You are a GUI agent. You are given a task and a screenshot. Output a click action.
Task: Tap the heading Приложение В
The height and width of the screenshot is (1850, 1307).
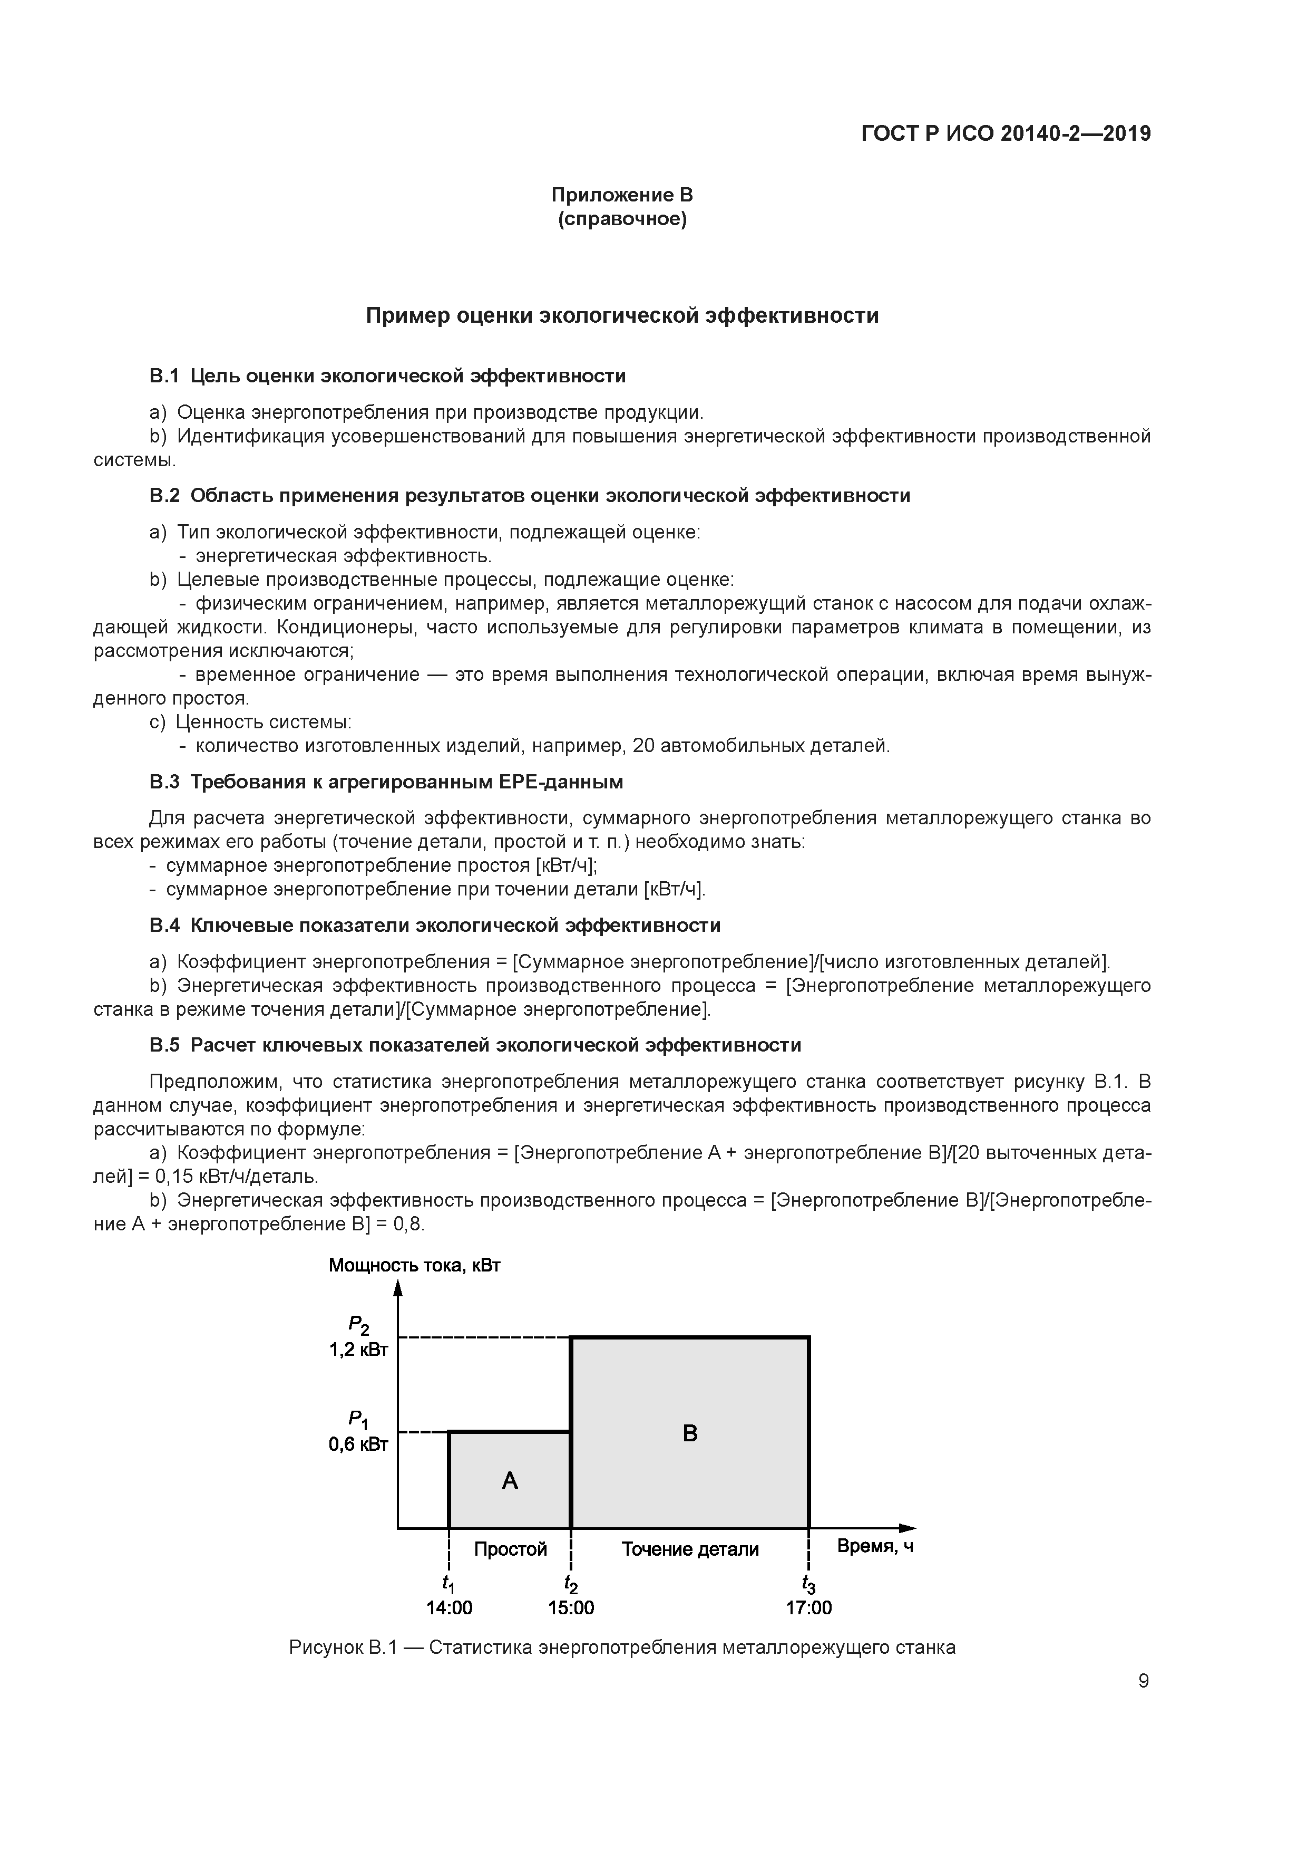(x=622, y=195)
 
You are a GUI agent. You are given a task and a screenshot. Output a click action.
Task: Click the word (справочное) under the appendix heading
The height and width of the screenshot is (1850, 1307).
(x=622, y=219)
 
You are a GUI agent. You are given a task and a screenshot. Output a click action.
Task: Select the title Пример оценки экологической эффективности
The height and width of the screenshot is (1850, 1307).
(x=622, y=316)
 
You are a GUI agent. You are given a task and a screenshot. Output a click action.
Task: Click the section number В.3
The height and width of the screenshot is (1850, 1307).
(x=164, y=783)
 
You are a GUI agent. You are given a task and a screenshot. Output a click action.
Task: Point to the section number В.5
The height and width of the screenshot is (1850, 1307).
(x=164, y=1045)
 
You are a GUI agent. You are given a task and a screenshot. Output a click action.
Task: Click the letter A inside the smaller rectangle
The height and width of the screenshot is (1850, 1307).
(x=509, y=1480)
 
